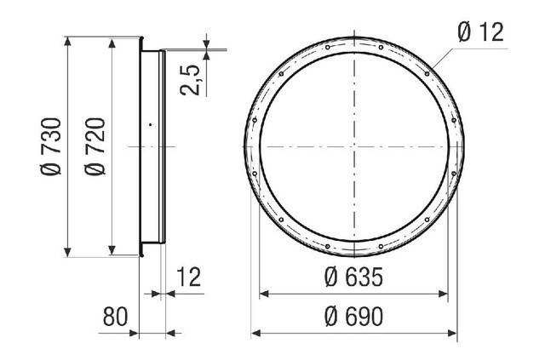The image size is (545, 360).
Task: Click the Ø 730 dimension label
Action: tap(51, 146)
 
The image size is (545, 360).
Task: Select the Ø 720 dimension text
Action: tap(95, 146)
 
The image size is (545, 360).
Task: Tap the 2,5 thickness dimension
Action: tap(191, 80)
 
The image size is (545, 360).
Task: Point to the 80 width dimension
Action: tap(116, 317)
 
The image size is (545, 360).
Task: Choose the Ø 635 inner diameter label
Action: tap(354, 277)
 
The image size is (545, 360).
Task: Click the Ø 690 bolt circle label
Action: tap(354, 317)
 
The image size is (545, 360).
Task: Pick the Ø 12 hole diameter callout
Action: tap(480, 32)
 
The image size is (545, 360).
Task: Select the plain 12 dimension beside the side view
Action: tap(189, 277)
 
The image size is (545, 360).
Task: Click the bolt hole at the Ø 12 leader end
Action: tap(427, 74)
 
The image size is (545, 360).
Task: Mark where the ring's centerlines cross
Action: tap(354, 146)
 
